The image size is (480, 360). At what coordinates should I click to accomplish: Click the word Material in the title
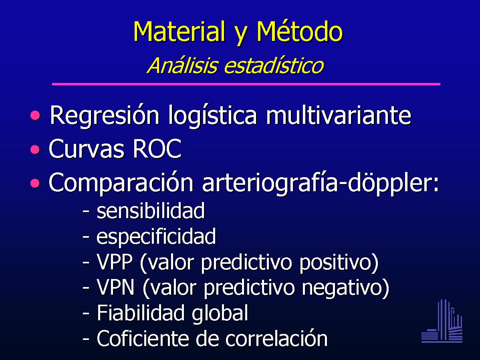[179, 31]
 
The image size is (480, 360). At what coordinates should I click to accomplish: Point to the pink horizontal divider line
[246, 84]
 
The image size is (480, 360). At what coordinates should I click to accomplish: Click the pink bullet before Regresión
[36, 115]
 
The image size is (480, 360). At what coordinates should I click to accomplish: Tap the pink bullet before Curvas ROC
[36, 149]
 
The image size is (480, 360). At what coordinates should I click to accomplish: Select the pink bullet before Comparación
[36, 183]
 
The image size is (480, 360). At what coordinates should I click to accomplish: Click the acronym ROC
[157, 149]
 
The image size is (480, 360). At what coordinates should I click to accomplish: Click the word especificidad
[156, 237]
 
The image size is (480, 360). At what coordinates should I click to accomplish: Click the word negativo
[342, 288]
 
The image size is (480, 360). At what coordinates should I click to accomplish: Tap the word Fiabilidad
[141, 313]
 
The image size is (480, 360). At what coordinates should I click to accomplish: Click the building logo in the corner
[442, 321]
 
